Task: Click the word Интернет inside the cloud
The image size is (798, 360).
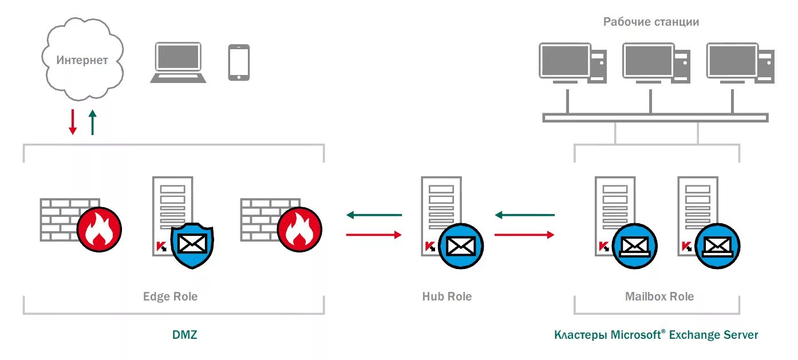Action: tap(82, 60)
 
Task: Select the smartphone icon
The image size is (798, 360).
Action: tap(239, 62)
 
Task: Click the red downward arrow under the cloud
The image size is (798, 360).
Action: tap(73, 121)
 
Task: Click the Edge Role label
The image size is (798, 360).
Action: tap(170, 296)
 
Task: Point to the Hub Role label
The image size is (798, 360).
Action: tap(447, 296)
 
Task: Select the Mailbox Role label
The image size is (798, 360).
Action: tap(659, 296)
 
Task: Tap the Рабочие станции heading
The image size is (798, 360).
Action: tap(651, 22)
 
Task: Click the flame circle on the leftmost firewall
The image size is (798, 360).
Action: tap(100, 229)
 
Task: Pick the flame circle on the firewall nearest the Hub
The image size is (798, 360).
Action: tap(299, 229)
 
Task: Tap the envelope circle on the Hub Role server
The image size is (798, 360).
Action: tap(461, 246)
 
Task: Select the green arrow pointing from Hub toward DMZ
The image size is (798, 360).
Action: tap(374, 215)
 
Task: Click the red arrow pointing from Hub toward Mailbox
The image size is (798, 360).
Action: tap(524, 234)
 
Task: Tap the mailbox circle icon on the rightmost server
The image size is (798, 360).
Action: tap(717, 247)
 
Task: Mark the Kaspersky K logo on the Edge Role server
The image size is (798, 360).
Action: tap(161, 247)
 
